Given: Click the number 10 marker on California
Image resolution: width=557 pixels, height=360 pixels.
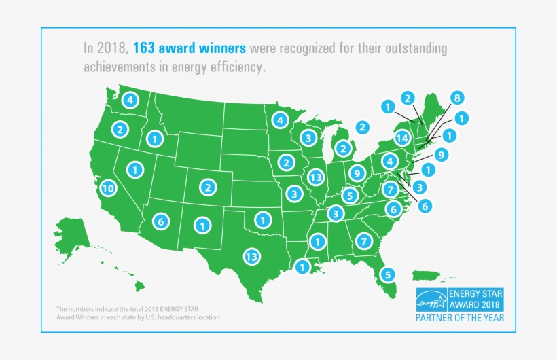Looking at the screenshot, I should coord(107,188).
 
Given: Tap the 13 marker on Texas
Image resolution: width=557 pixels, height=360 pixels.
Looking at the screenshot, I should coord(251,257).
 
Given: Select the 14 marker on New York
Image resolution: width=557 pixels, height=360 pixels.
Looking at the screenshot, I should coord(403,137).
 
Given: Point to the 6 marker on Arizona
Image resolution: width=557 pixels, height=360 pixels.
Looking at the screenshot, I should coord(161,221).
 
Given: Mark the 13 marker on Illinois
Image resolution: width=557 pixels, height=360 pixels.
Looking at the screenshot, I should coord(315,177).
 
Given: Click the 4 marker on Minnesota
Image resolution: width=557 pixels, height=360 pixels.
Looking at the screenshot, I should coord(278,120).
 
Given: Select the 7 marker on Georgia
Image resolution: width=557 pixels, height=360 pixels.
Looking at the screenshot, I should coord(363,240).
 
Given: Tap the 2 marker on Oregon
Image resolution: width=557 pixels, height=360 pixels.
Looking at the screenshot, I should coord(120,128).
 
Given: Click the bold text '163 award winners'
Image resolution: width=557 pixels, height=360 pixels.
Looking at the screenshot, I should coord(190,49).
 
